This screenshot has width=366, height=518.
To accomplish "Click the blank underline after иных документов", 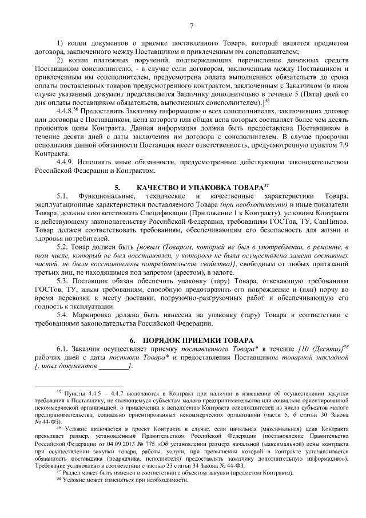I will click(118, 366).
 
